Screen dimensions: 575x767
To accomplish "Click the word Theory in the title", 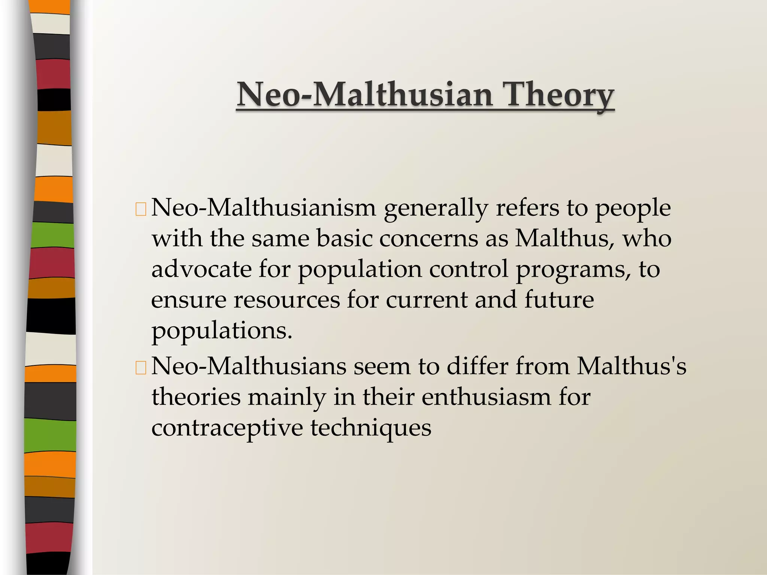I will [x=558, y=94].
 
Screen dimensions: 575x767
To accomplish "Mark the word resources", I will [x=287, y=300].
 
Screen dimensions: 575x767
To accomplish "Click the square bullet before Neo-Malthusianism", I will [x=141, y=210].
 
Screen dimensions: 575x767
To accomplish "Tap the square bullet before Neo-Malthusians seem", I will [x=141, y=368].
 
